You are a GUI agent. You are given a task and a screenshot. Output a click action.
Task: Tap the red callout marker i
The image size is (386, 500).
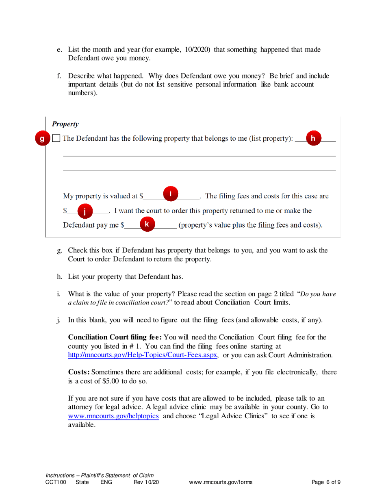click(171, 193)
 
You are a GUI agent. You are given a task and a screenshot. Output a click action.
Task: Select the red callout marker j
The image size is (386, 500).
click(84, 211)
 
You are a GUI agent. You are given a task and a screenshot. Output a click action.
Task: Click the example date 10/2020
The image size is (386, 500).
click(197, 50)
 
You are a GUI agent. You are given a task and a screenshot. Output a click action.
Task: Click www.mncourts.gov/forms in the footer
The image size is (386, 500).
click(221, 483)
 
